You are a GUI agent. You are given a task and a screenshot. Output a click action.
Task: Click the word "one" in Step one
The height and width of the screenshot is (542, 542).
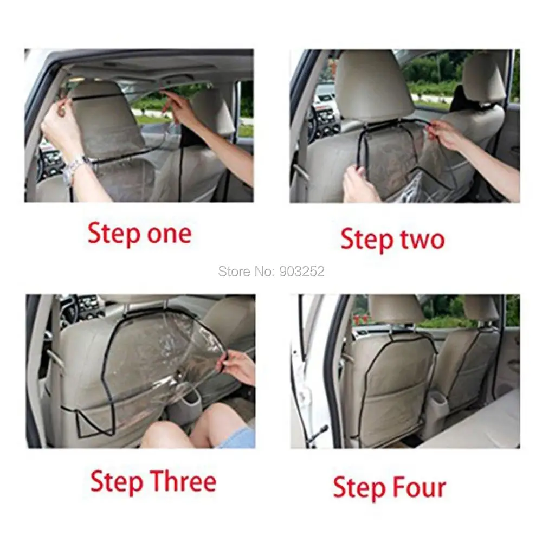pyautogui.click(x=169, y=234)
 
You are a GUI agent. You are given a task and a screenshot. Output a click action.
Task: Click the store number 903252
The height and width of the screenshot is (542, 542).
pyautogui.click(x=302, y=272)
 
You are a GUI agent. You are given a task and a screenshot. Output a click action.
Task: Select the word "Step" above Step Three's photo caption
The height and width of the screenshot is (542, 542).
pyautogui.click(x=117, y=482)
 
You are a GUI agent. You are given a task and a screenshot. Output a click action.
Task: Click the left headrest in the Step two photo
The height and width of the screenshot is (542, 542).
pyautogui.click(x=374, y=86)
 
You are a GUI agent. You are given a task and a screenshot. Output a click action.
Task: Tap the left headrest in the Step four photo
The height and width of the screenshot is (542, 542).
pyautogui.click(x=396, y=309)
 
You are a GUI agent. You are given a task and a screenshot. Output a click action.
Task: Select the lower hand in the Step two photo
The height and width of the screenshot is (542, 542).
pyautogui.click(x=359, y=183)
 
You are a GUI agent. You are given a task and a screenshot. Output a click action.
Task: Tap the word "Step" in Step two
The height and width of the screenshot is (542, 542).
pyautogui.click(x=367, y=240)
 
